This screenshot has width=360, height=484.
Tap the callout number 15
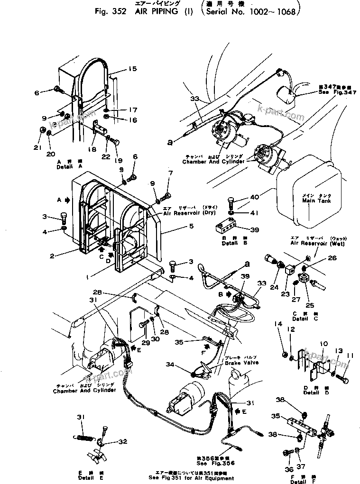(x=132, y=69)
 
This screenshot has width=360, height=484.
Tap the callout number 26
(x=332, y=258)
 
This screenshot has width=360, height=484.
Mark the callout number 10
(x=323, y=344)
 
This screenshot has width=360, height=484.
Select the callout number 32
(x=123, y=442)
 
